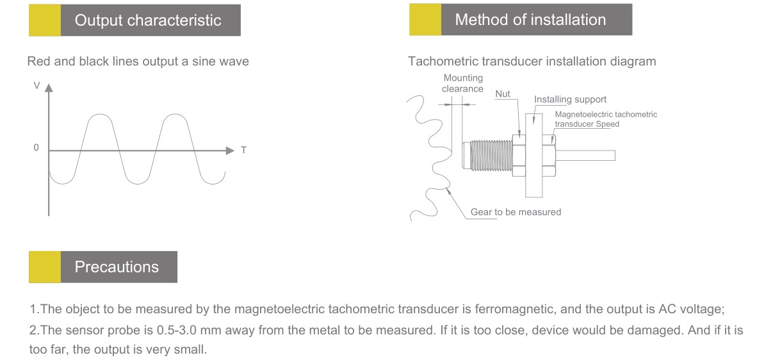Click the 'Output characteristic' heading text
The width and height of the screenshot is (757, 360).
(x=148, y=20)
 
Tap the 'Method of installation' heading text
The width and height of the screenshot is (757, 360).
(x=530, y=20)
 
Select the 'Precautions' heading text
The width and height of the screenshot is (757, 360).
(x=117, y=266)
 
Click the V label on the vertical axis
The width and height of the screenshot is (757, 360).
(x=37, y=85)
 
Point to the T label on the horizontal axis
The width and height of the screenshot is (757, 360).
(x=243, y=151)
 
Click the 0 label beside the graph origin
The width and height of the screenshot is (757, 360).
(x=37, y=148)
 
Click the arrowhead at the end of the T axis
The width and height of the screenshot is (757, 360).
(x=231, y=151)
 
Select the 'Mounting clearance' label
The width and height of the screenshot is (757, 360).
(x=462, y=83)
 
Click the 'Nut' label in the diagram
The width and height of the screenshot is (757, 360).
(x=503, y=94)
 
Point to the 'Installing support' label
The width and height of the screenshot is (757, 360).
(x=570, y=100)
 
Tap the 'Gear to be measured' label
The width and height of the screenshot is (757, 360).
(x=516, y=212)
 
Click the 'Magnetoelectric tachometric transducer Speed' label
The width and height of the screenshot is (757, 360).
(x=605, y=119)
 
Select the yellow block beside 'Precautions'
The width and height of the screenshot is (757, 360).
(x=45, y=267)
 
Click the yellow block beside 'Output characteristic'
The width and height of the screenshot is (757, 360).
(x=45, y=20)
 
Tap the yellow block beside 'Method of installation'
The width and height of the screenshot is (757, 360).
(x=425, y=20)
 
